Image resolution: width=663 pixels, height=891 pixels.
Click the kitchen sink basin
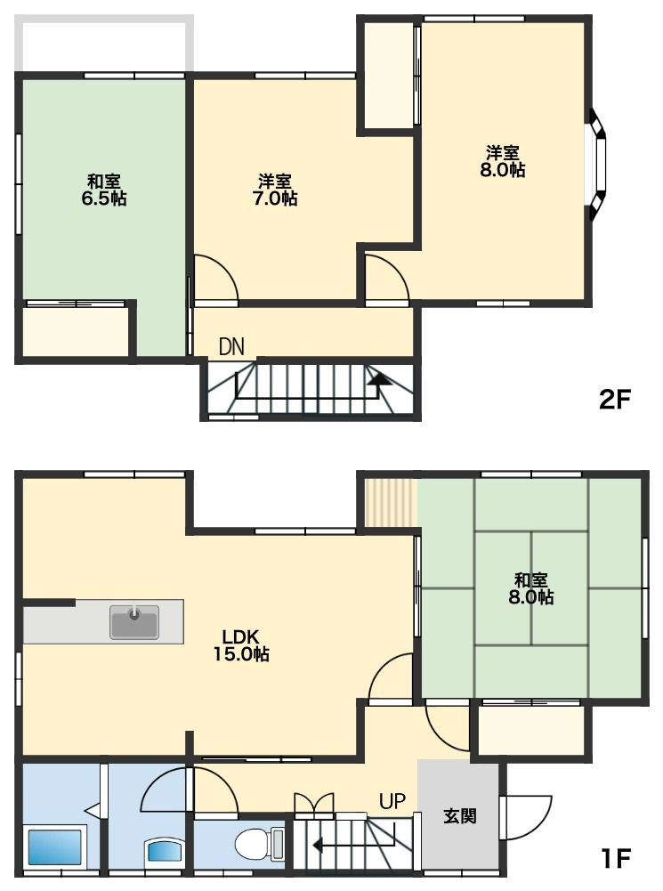point(134,621)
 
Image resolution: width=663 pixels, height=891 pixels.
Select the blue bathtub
point(54,847)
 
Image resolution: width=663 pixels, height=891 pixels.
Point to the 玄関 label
point(459,816)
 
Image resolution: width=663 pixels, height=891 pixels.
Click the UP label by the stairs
point(392,801)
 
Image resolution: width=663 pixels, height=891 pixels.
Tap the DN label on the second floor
point(231,346)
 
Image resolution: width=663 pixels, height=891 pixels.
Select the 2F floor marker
point(615,400)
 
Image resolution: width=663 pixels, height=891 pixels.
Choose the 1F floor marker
point(616,858)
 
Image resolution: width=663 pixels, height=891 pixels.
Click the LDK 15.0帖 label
point(241,645)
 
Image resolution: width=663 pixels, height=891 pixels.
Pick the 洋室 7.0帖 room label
point(275,190)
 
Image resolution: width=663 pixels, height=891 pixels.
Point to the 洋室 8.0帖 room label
point(503,161)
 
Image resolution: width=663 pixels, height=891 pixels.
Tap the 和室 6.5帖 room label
point(104,190)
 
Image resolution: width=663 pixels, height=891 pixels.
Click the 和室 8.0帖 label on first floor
point(531,588)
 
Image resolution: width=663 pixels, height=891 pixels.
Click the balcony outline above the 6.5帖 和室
point(103,44)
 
